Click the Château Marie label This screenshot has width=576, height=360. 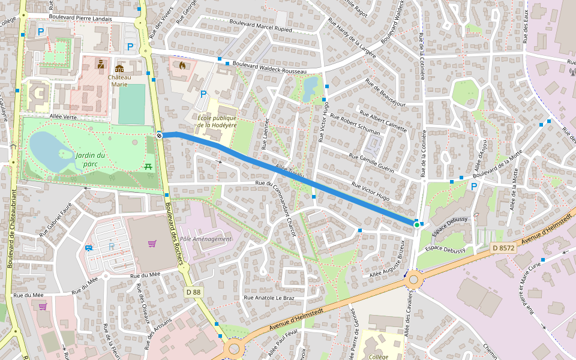tap(119, 80)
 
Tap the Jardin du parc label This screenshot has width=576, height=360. tap(90, 159)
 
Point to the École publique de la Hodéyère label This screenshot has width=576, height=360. tap(217, 121)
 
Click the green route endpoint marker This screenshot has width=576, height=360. tap(416, 224)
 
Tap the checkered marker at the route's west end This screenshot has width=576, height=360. tap(160, 135)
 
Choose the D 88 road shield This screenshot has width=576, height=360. tap(193, 292)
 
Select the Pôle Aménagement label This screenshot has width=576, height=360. tap(205, 239)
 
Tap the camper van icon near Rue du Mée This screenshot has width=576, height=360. tap(89, 248)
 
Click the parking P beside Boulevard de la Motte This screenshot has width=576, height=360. tap(473, 187)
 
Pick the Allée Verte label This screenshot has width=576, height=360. tap(64, 116)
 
